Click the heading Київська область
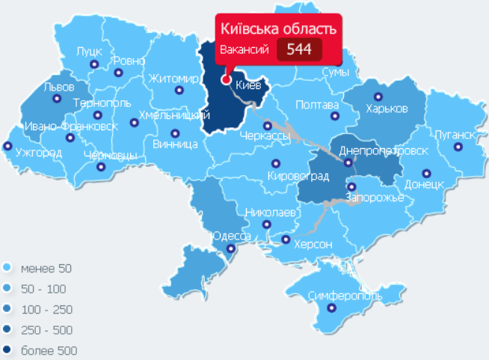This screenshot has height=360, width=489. point(277,29)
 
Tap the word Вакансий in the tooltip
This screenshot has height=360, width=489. point(243,50)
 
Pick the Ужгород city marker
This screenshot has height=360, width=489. point(8,146)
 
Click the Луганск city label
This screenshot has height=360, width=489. point(453,135)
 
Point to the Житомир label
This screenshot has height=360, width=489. point(173,79)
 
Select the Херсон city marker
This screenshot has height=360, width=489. point(286,240)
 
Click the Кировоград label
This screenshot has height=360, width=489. point(298,176)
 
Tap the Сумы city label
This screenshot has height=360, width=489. point(335,72)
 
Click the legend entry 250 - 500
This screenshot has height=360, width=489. point(47,330)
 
